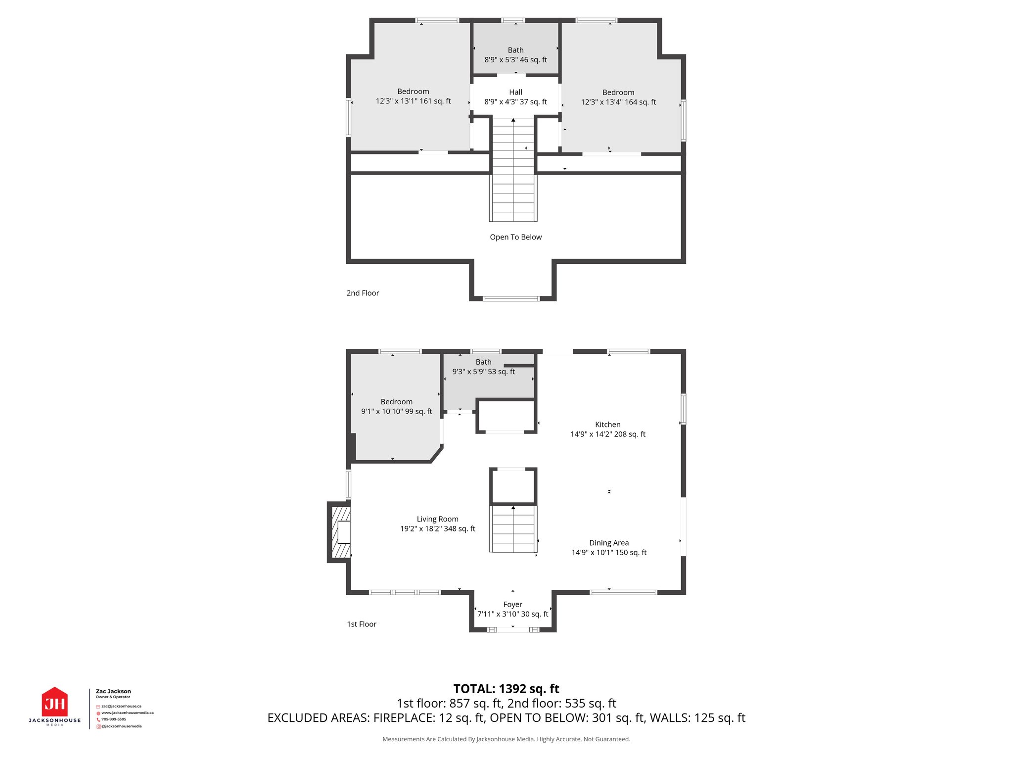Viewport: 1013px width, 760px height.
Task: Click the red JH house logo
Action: click(54, 702)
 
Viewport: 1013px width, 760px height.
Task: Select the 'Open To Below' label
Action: click(515, 237)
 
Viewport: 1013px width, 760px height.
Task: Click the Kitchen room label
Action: click(607, 425)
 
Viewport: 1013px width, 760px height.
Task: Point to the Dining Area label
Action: click(608, 543)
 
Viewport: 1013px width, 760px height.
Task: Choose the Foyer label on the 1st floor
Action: click(512, 605)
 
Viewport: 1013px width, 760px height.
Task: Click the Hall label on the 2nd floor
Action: click(515, 93)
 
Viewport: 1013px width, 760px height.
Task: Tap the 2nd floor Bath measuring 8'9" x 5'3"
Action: click(515, 55)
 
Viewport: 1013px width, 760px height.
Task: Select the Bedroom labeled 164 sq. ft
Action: click(618, 97)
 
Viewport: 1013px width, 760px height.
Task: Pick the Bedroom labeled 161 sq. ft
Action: click(413, 96)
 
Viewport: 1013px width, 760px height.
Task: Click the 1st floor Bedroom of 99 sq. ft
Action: click(396, 407)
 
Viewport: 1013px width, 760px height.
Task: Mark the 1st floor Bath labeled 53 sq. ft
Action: click(483, 367)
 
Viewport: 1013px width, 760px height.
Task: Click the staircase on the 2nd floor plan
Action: click(513, 168)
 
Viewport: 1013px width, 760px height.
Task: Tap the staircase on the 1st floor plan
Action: click(513, 529)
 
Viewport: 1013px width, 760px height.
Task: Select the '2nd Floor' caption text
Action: click(363, 293)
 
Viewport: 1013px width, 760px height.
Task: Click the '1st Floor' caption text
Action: click(361, 624)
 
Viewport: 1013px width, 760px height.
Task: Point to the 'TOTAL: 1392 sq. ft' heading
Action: click(506, 689)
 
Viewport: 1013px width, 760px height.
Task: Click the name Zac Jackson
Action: click(113, 691)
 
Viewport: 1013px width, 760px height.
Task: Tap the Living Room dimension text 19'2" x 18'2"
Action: click(437, 529)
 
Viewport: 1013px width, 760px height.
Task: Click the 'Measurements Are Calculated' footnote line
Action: click(506, 739)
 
